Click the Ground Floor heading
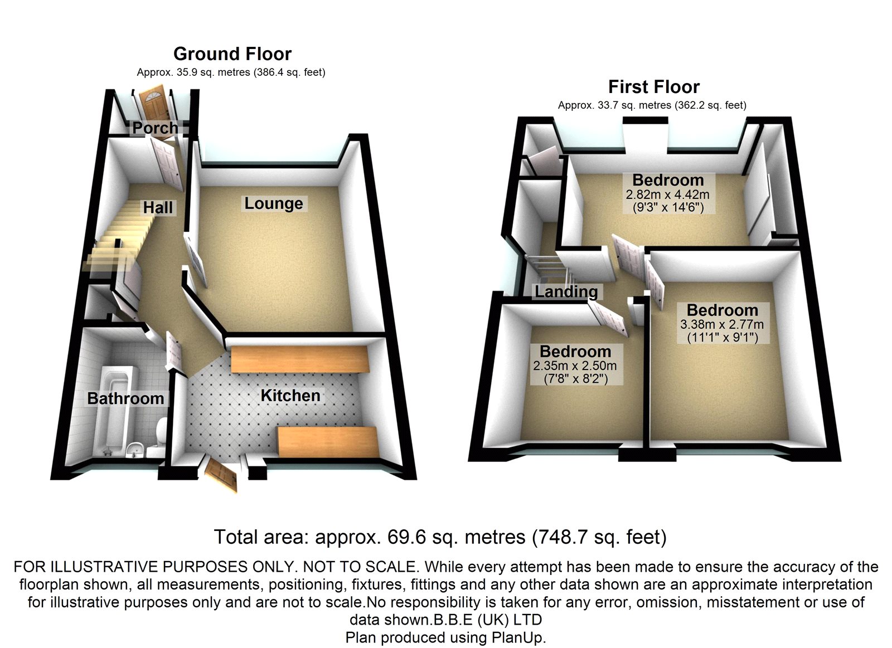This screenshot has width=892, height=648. pyautogui.click(x=232, y=54)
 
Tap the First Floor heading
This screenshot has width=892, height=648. pyautogui.click(x=653, y=87)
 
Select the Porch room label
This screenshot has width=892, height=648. pyautogui.click(x=155, y=128)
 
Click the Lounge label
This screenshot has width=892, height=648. pyautogui.click(x=273, y=203)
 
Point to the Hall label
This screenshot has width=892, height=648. pyautogui.click(x=158, y=208)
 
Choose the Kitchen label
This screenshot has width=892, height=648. pyautogui.click(x=290, y=396)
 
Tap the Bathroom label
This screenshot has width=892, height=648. pyautogui.click(x=125, y=398)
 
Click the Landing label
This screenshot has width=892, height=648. pyautogui.click(x=566, y=291)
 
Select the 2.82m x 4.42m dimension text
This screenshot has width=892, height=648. pyautogui.click(x=667, y=194)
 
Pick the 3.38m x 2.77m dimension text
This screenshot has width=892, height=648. pyautogui.click(x=722, y=324)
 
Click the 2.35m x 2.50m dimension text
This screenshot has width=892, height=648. pyautogui.click(x=575, y=366)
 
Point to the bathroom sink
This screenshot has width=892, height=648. pyautogui.click(x=135, y=448)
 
